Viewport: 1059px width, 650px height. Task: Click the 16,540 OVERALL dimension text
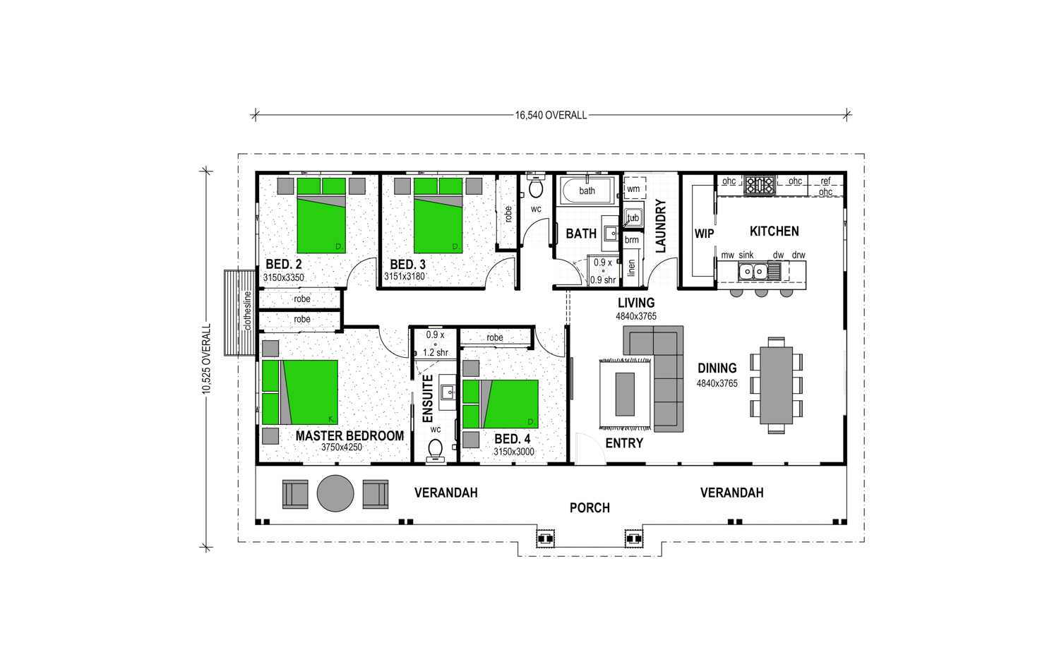click(x=551, y=115)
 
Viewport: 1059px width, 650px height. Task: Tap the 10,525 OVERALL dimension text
click(x=206, y=359)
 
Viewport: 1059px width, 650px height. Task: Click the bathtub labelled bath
click(x=587, y=191)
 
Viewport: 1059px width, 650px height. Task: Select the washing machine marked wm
click(x=634, y=188)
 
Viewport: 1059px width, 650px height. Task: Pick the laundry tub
click(x=633, y=217)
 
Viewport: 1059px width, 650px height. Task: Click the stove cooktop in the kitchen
click(x=760, y=185)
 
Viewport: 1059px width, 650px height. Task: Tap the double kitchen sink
click(x=753, y=272)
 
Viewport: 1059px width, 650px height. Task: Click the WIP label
click(x=704, y=234)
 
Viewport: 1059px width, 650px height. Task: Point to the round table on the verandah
click(x=335, y=493)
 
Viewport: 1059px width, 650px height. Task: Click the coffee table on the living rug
click(x=625, y=395)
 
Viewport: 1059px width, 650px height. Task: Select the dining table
click(x=777, y=386)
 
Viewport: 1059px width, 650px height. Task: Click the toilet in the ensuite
click(x=435, y=450)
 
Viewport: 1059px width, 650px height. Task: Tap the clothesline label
click(x=247, y=311)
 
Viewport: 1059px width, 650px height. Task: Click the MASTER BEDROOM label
click(x=350, y=436)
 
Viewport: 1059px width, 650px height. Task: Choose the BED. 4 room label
click(x=513, y=440)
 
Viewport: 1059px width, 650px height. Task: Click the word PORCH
click(x=590, y=507)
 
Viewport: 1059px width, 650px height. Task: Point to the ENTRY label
click(x=624, y=443)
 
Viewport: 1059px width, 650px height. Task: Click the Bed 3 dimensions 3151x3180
click(x=405, y=277)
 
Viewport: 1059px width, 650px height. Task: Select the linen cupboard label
click(x=632, y=268)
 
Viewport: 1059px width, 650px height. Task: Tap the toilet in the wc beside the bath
click(x=536, y=188)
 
